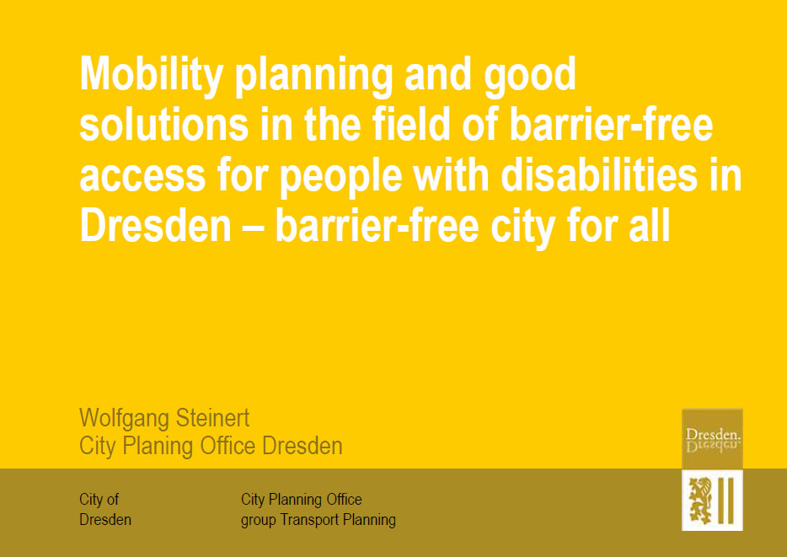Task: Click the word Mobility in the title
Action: [x=151, y=75]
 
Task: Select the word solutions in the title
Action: [x=163, y=125]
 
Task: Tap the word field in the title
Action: [x=411, y=125]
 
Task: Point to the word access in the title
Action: [x=142, y=178]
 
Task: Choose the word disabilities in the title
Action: [x=599, y=175]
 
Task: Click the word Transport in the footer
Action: [x=310, y=520]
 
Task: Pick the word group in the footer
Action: [x=258, y=521]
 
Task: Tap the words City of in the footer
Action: [x=99, y=500]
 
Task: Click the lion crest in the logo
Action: [x=700, y=501]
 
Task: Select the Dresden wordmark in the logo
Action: [x=713, y=434]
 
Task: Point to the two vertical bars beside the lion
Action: [x=725, y=501]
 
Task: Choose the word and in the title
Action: [x=438, y=74]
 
